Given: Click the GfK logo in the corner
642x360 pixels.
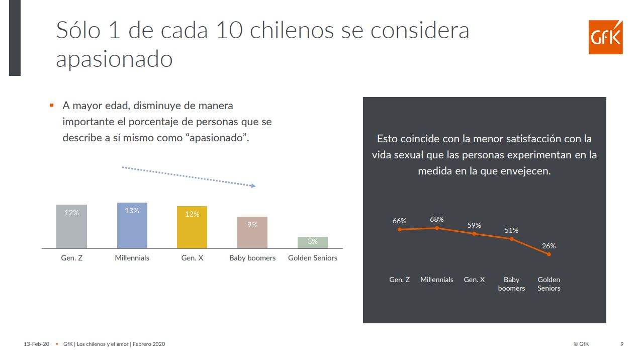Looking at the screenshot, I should point(605,37).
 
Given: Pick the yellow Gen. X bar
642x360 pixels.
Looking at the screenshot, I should point(192,227).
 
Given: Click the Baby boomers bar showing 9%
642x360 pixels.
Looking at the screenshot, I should point(252,232).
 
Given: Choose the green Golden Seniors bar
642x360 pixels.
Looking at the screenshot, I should point(313,242).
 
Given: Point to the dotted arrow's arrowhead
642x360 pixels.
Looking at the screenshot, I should point(253,186).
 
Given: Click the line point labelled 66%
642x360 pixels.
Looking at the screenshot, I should point(400,229).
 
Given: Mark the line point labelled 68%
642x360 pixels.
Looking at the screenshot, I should point(437,228).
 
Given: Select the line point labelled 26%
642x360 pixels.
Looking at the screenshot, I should point(548,254).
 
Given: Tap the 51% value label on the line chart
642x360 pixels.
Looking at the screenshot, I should point(511,230).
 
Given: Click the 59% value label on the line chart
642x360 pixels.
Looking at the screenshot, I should point(474,225).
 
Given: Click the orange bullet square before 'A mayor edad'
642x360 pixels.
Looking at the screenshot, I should point(51,106).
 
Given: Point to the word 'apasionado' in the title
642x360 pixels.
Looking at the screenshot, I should point(114,59).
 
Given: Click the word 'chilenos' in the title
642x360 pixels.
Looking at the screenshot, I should point(292,30).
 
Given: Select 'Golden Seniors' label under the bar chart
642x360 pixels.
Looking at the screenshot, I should point(313,258).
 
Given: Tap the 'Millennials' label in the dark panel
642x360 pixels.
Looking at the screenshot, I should point(437,280).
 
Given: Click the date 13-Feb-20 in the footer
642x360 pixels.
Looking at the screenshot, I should point(37,344).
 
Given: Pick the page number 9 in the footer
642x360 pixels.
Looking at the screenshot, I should point(622,344).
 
